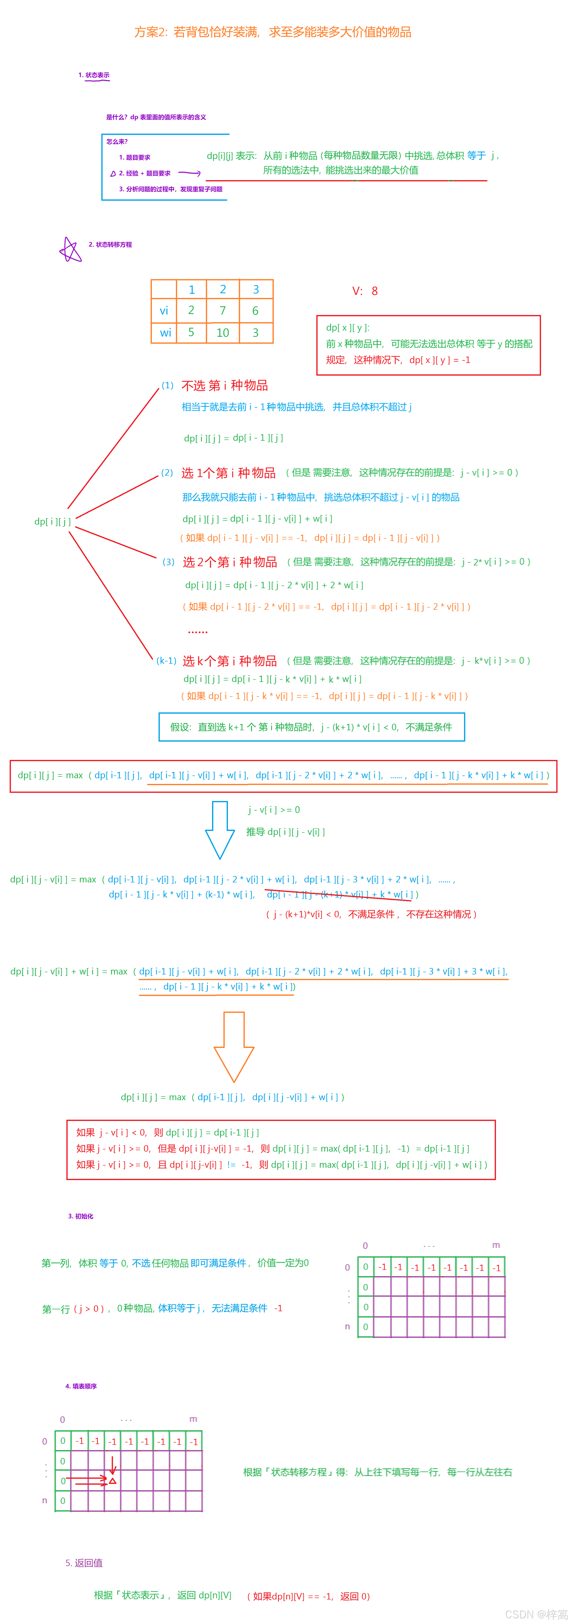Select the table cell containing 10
[223, 332]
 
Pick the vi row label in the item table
[164, 310]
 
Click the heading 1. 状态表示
[94, 75]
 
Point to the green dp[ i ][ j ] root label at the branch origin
[52, 521]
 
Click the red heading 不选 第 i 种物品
[225, 385]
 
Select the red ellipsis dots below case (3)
[197, 631]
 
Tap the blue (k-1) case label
[166, 661]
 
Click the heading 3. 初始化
[81, 1216]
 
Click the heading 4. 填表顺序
[81, 1386]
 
